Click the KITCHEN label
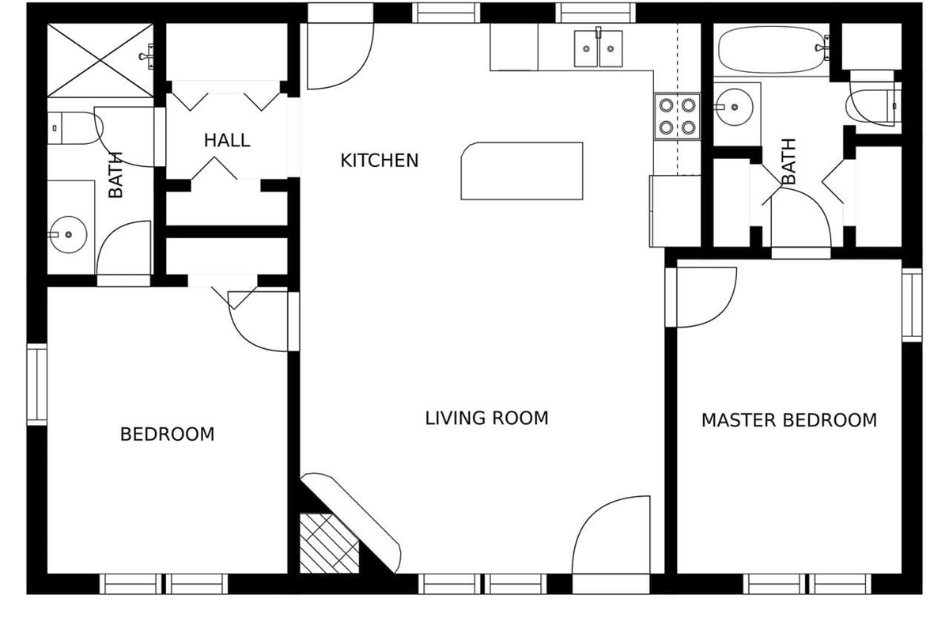[x=379, y=161]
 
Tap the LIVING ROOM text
[x=486, y=418]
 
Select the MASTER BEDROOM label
[x=788, y=420]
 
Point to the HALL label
[x=227, y=141]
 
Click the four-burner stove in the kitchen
[x=677, y=116]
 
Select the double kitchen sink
[x=599, y=48]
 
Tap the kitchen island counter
[x=522, y=171]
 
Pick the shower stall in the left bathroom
[x=100, y=60]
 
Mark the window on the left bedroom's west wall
[x=37, y=385]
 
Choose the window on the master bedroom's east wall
[x=912, y=305]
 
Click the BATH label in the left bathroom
[x=115, y=175]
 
